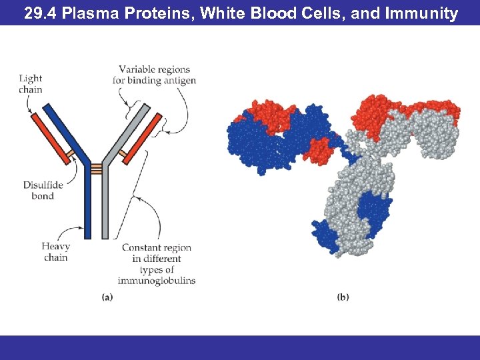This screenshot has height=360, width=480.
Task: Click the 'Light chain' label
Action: pyautogui.click(x=31, y=84)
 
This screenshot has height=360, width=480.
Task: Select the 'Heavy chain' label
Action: pyautogui.click(x=55, y=252)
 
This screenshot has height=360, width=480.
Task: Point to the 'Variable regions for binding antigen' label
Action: pyautogui.click(x=154, y=75)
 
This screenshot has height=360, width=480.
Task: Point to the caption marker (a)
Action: pyautogui.click(x=107, y=297)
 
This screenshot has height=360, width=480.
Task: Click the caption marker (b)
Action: pyautogui.click(x=343, y=297)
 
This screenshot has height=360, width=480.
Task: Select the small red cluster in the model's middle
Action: pyautogui.click(x=319, y=151)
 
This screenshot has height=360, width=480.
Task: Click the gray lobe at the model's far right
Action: pyautogui.click(x=436, y=137)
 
